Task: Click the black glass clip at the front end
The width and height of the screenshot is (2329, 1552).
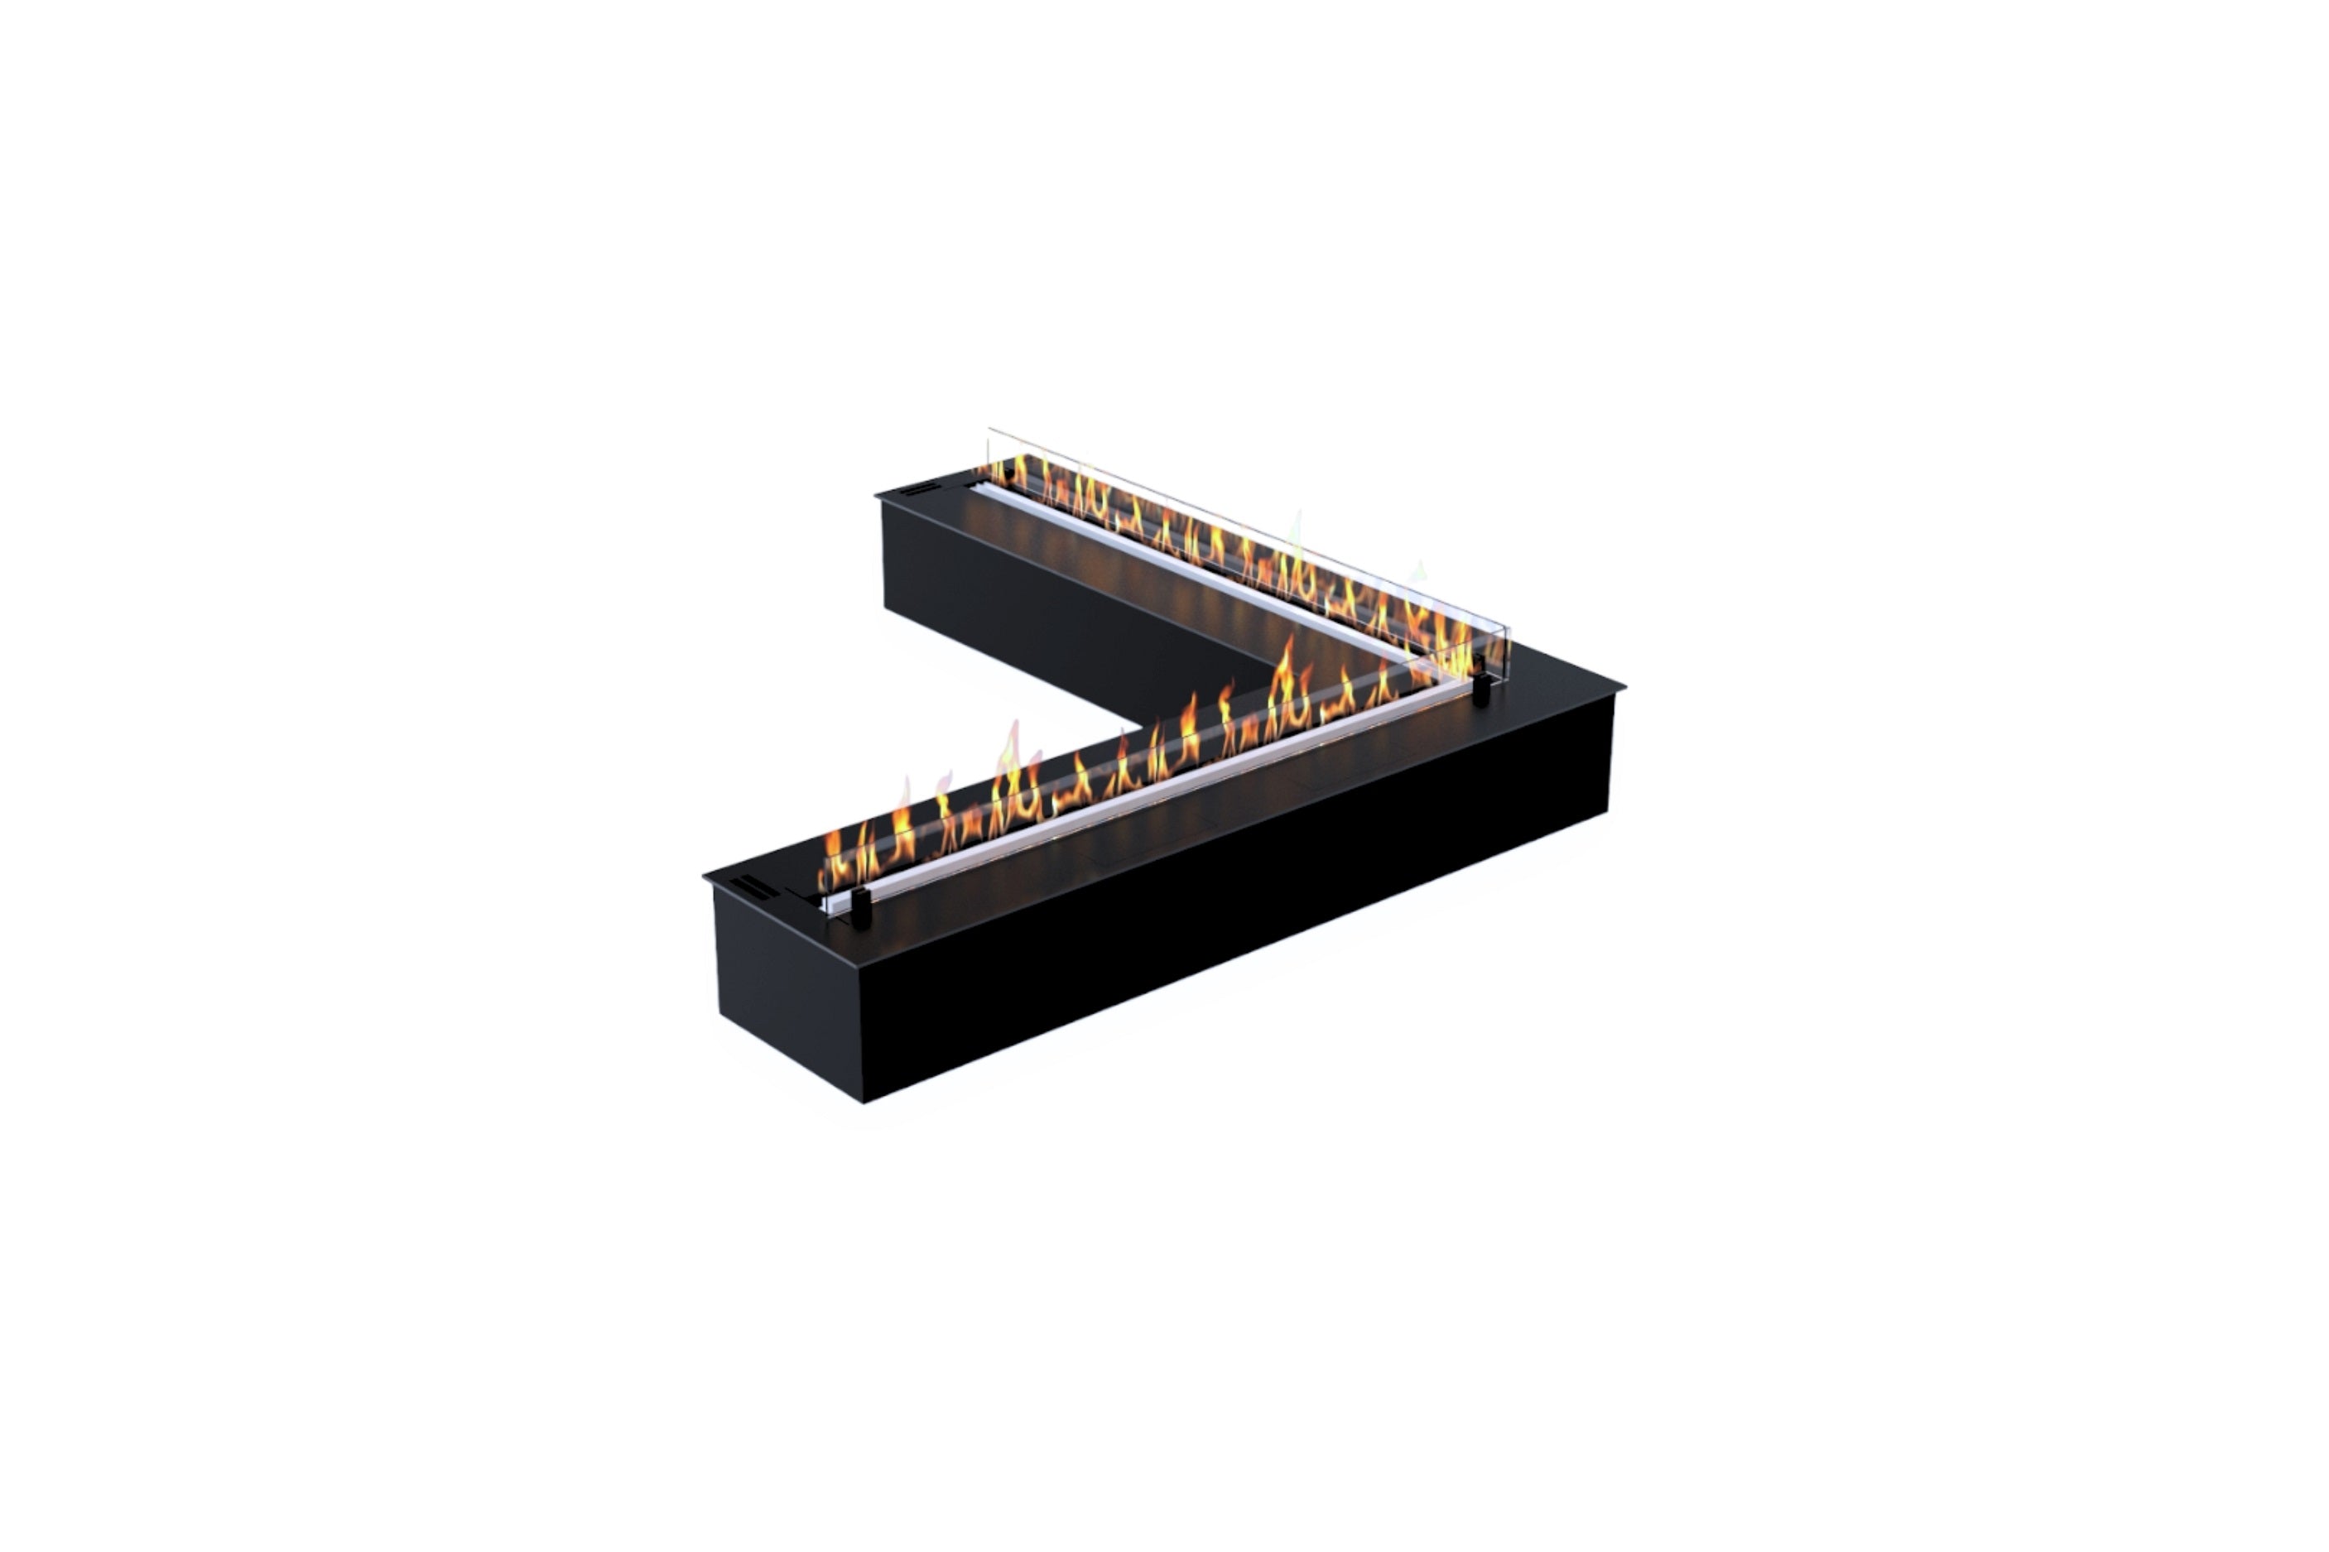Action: [860, 906]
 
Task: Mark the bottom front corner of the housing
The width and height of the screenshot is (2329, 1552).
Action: [864, 1101]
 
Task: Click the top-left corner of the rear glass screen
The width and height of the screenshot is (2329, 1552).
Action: [989, 430]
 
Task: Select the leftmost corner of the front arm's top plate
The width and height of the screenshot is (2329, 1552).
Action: [705, 876]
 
